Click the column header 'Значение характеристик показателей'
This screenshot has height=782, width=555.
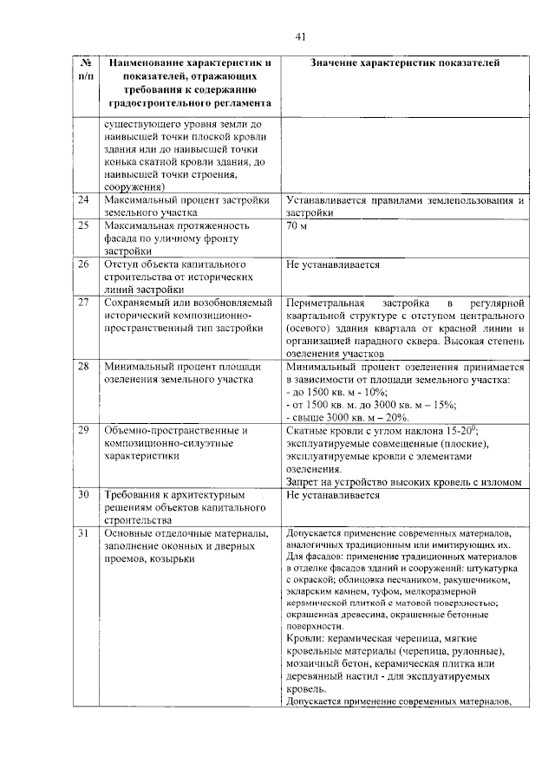pyautogui.click(x=405, y=63)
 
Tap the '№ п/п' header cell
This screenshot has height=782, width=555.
pyautogui.click(x=86, y=70)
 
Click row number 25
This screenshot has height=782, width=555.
pyautogui.click(x=84, y=225)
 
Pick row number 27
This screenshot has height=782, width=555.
pyautogui.click(x=84, y=302)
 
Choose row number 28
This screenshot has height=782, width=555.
pyautogui.click(x=84, y=367)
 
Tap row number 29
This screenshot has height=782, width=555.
pyautogui.click(x=84, y=430)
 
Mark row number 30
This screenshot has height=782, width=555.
pyautogui.click(x=84, y=495)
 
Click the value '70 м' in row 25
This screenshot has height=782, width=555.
pyautogui.click(x=297, y=225)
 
